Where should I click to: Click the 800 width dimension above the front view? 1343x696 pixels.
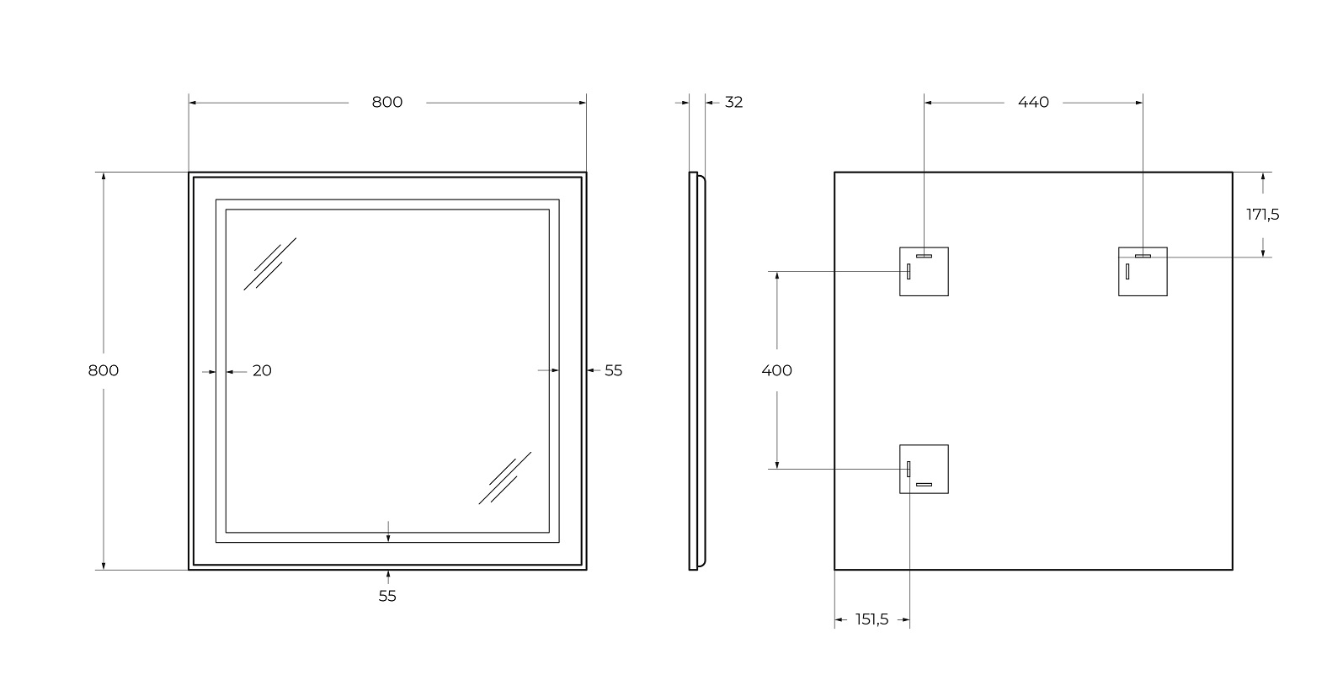pyautogui.click(x=387, y=102)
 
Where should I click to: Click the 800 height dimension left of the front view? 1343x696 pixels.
pyautogui.click(x=104, y=370)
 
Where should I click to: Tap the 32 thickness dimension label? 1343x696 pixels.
pyautogui.click(x=734, y=102)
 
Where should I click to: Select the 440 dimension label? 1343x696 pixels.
pyautogui.click(x=1033, y=102)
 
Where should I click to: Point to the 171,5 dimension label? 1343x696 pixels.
pyautogui.click(x=1262, y=215)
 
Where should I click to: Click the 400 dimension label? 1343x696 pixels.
pyautogui.click(x=776, y=370)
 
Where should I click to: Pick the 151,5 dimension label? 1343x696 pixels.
pyautogui.click(x=872, y=620)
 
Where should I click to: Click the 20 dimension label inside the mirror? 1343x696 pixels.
pyautogui.click(x=262, y=370)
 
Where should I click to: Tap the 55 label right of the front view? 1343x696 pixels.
pyautogui.click(x=613, y=370)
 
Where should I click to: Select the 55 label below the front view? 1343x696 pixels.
pyautogui.click(x=387, y=596)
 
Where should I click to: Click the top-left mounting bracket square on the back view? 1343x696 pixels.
pyautogui.click(x=924, y=271)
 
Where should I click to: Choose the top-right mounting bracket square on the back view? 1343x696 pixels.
pyautogui.click(x=1143, y=271)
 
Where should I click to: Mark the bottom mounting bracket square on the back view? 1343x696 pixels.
pyautogui.click(x=924, y=469)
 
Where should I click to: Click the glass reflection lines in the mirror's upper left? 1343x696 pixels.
pyautogui.click(x=270, y=263)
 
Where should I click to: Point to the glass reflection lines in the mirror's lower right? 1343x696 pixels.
pyautogui.click(x=505, y=478)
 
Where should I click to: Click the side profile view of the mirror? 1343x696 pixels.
pyautogui.click(x=695, y=370)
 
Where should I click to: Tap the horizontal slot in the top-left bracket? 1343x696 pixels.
pyautogui.click(x=925, y=255)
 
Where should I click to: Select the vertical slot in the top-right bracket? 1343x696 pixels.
pyautogui.click(x=1127, y=271)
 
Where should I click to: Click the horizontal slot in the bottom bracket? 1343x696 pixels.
pyautogui.click(x=925, y=485)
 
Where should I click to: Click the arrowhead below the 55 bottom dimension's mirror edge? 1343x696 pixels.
pyautogui.click(x=387, y=576)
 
